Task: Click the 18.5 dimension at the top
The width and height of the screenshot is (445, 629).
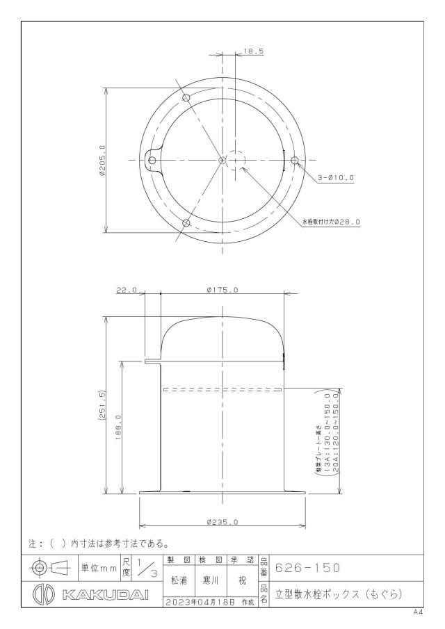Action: (x=253, y=51)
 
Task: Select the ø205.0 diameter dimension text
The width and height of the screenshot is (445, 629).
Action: (x=102, y=161)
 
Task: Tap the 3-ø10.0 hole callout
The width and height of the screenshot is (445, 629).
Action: (x=336, y=177)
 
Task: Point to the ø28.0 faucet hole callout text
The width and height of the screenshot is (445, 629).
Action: (x=331, y=221)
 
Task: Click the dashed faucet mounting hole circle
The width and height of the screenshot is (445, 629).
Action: (x=236, y=160)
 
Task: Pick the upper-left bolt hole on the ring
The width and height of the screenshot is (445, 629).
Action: (x=186, y=97)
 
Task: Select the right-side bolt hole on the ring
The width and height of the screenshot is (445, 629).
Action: (x=295, y=161)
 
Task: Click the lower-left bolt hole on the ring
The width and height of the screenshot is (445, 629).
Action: (x=186, y=223)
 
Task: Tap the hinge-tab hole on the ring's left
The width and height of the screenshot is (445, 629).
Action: (x=152, y=161)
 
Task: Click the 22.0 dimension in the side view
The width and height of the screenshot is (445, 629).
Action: (x=127, y=290)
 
